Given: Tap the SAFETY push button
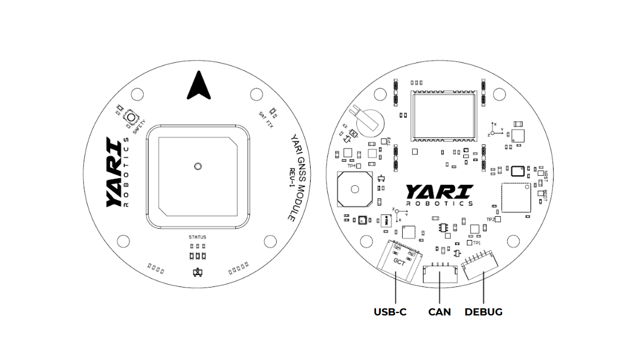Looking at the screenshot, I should pos(129,119).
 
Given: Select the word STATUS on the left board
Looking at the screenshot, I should pos(197,237).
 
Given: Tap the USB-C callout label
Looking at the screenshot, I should pos(390,312).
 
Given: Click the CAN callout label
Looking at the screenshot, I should pos(439,312).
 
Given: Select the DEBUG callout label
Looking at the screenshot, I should pos(483,312).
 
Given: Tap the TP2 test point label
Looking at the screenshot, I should pos(490,220).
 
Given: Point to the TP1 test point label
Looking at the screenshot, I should pos(476,242).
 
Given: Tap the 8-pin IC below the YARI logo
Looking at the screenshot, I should pos(443,227).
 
